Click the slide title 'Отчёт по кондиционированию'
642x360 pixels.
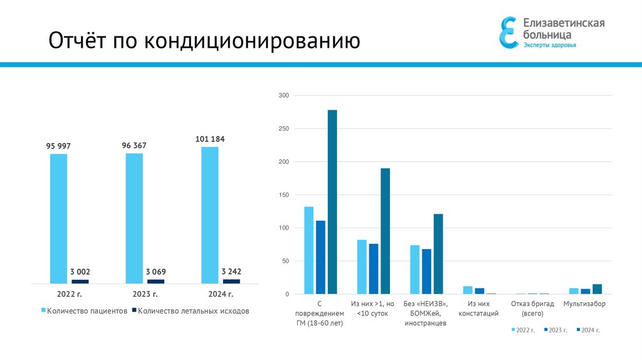tap(204, 41)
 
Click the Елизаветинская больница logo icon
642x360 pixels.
tap(508, 32)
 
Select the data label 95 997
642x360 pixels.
tap(58, 146)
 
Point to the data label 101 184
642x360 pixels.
tap(210, 139)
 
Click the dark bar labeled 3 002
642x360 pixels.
tap(80, 282)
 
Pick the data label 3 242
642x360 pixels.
tap(231, 272)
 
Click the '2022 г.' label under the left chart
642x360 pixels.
tap(69, 294)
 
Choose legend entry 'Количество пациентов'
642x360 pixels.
tap(88, 310)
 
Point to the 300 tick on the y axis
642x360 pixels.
tap(283, 95)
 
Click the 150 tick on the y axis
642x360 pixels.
tap(283, 195)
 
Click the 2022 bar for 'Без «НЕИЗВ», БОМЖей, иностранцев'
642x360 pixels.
tap(414, 269)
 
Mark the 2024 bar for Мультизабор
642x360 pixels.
tap(597, 289)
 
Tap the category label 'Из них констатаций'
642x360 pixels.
tap(478, 308)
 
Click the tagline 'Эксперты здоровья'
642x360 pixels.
tap(549, 45)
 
